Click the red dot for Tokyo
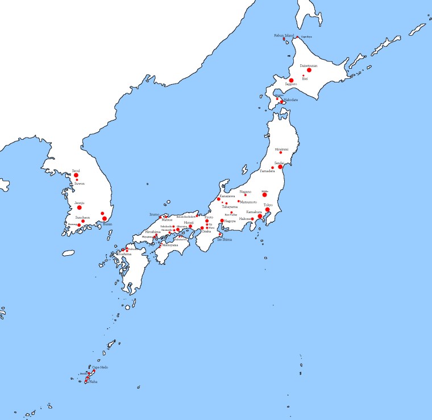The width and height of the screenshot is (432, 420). click(267, 210)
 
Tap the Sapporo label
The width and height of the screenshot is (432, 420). click(291, 84)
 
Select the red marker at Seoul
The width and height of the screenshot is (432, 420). click(76, 175)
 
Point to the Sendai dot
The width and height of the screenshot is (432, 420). click(280, 167)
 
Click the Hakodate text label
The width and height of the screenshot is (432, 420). click(291, 99)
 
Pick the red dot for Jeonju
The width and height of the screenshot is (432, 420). click(80, 207)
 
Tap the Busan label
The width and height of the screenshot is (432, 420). click(107, 224)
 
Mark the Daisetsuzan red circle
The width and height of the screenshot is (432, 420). click(309, 70)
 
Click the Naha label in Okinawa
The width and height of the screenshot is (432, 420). click(93, 382)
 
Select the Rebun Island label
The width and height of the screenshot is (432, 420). click(284, 35)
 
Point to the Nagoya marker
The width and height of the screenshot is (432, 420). click(222, 221)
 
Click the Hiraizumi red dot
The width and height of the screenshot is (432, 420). click(280, 152)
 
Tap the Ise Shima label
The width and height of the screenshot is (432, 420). click(225, 239)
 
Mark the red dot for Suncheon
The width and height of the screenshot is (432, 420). click(83, 222)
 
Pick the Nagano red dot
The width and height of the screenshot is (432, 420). click(246, 195)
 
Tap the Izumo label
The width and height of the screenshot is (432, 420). click(155, 214)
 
